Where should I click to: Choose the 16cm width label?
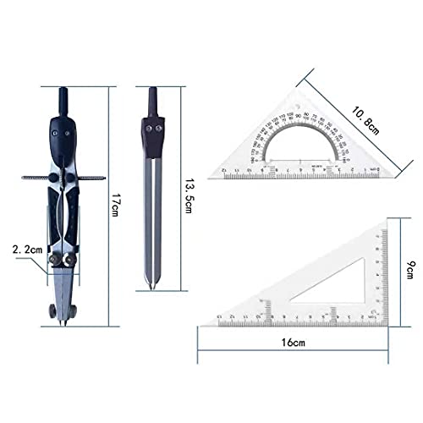pos(293,343)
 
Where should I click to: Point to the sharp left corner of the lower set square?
pos(201,326)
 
